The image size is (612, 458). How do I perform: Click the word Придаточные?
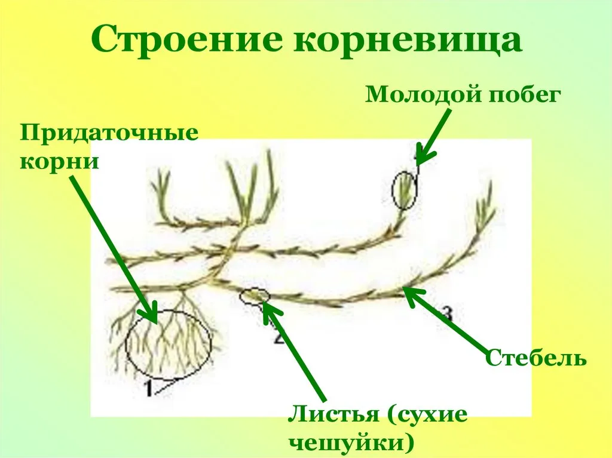(x=109, y=133)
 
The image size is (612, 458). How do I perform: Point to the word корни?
(x=59, y=161)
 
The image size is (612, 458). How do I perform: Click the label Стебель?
(x=535, y=357)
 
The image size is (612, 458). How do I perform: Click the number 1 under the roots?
(x=148, y=388)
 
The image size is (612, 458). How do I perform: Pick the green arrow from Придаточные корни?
(x=114, y=250)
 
